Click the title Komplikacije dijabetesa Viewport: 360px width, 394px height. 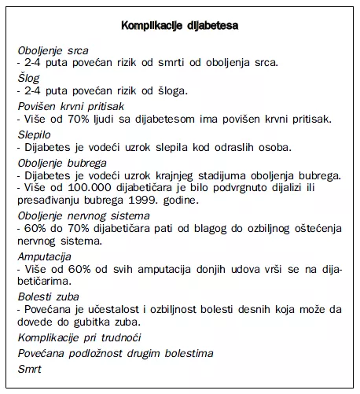click(180, 26)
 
